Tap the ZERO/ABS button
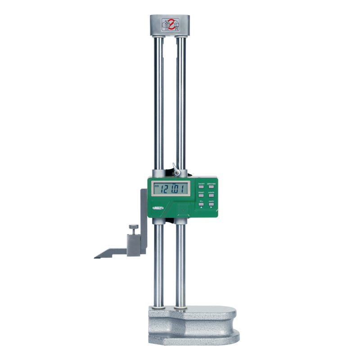[211, 187]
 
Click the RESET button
[201, 196]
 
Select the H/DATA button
[211, 196]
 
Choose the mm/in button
[211, 205]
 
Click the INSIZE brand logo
[159, 207]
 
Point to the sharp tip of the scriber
[95, 257]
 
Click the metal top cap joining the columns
[170, 26]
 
